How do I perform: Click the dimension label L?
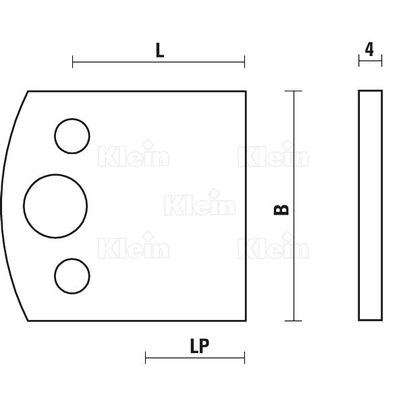[x=160, y=50]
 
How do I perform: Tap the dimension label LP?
[x=199, y=346]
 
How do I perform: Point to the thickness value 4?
[x=369, y=49]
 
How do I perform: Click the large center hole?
[x=24, y=206]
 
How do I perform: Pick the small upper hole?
[x=55, y=136]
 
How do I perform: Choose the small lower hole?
[x=55, y=276]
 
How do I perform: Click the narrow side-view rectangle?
[x=359, y=205]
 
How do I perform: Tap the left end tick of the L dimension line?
[x=73, y=61]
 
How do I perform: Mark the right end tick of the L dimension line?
[x=244, y=61]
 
